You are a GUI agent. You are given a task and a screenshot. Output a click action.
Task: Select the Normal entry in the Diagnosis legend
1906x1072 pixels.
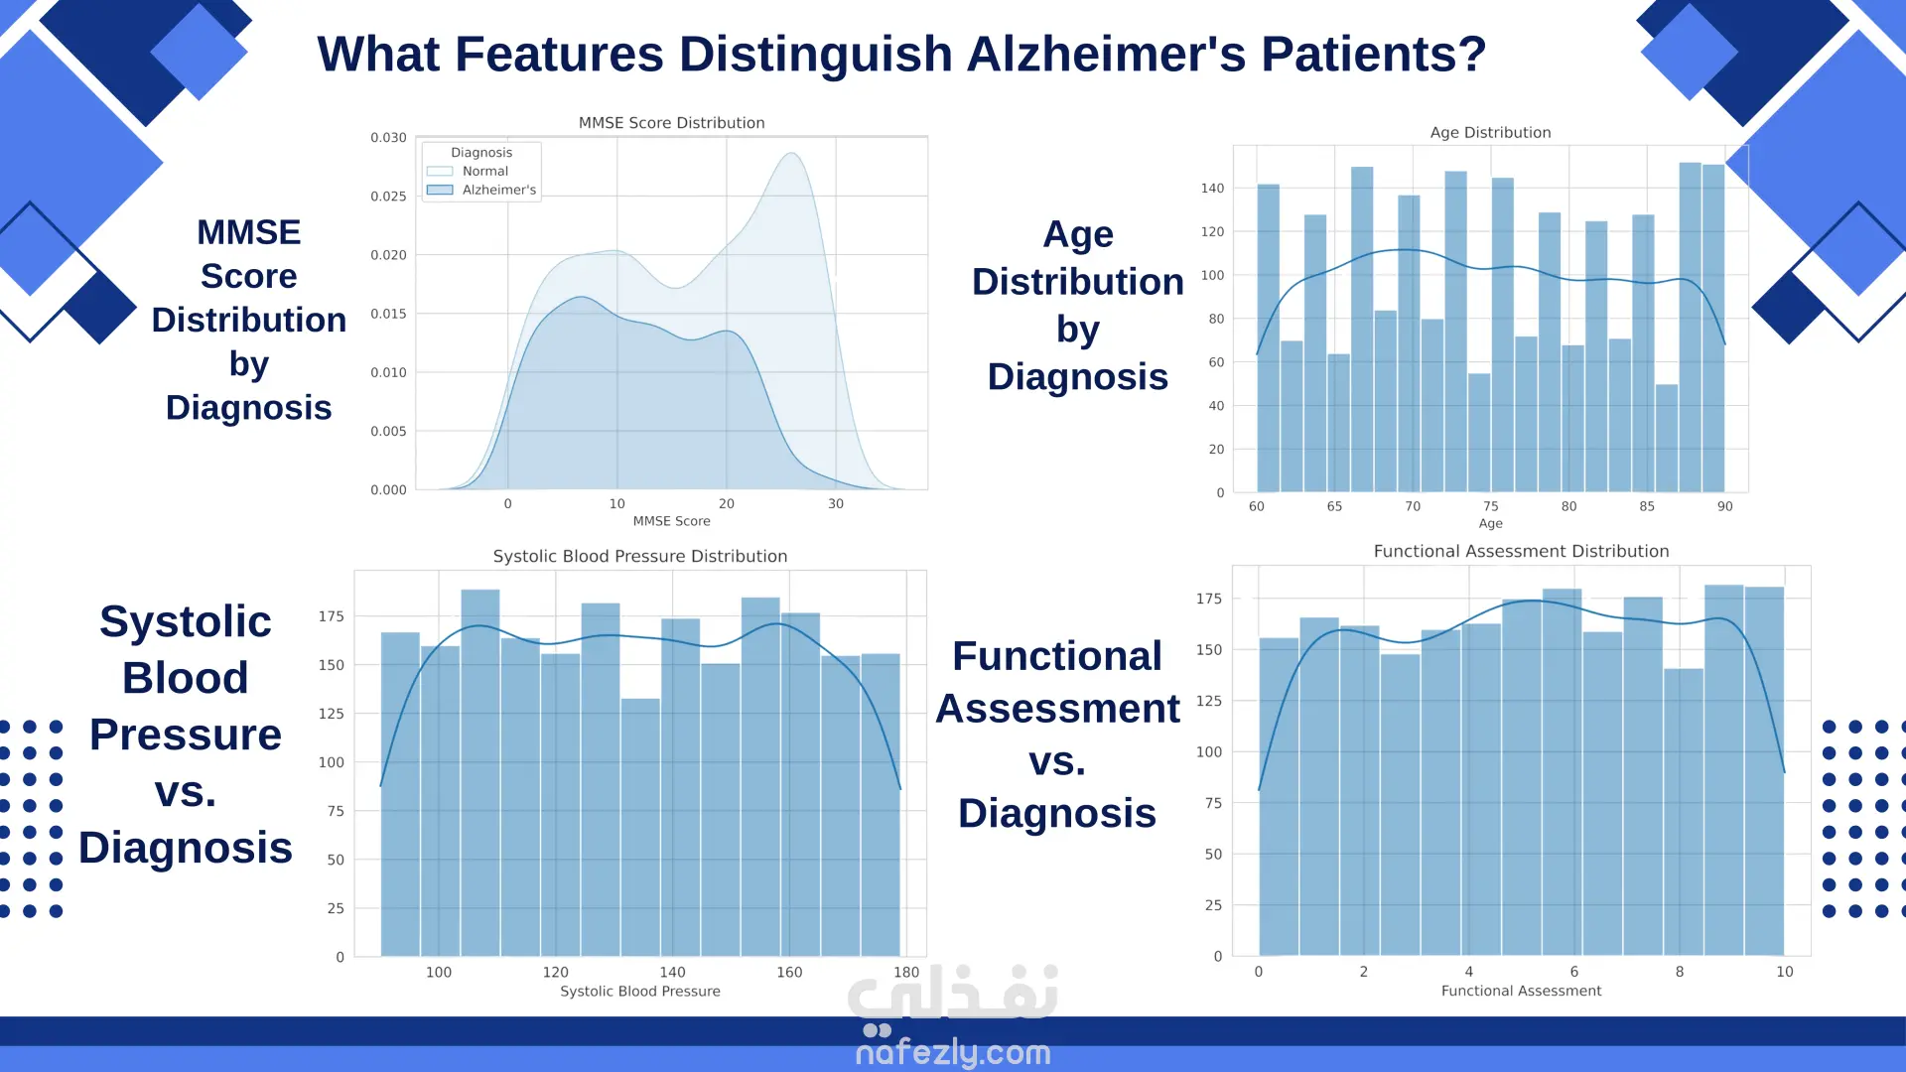click(484, 171)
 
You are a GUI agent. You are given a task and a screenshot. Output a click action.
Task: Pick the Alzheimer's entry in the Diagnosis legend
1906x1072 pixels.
click(498, 190)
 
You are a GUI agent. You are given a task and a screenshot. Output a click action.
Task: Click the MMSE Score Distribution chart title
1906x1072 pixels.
click(671, 123)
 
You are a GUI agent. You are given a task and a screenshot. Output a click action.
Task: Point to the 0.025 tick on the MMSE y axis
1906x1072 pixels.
click(388, 197)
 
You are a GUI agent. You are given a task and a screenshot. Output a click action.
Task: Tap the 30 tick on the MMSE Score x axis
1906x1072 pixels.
click(836, 504)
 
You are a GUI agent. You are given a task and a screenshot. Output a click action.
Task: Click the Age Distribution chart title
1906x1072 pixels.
click(1490, 132)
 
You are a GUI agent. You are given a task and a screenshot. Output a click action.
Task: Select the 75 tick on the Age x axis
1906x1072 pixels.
click(1491, 506)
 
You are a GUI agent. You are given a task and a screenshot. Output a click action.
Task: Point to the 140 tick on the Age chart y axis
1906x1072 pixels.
click(1212, 189)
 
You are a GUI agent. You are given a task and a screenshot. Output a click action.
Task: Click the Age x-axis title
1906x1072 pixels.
click(1490, 524)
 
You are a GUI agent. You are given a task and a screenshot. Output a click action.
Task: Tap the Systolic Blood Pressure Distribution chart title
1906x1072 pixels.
click(640, 557)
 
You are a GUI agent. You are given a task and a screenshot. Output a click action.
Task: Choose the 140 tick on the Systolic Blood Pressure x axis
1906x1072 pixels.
click(672, 973)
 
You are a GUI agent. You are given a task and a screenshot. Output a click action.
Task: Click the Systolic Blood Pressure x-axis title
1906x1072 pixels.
click(640, 992)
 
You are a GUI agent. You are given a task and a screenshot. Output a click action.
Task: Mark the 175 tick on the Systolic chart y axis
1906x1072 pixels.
click(331, 616)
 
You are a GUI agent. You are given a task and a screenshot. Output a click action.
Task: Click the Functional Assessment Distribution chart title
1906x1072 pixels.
click(1521, 552)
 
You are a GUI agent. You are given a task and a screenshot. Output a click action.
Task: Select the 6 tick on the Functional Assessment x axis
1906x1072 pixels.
click(1574, 972)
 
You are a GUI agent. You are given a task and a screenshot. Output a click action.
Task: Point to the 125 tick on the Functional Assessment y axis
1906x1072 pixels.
click(1208, 701)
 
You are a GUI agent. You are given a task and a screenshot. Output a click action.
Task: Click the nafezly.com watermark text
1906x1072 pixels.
click(953, 1052)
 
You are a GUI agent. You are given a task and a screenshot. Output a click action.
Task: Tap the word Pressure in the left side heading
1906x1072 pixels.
click(186, 736)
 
